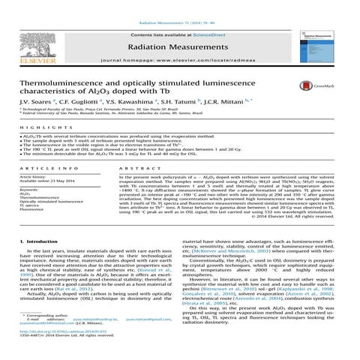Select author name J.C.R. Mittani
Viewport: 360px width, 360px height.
coord(227,100)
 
